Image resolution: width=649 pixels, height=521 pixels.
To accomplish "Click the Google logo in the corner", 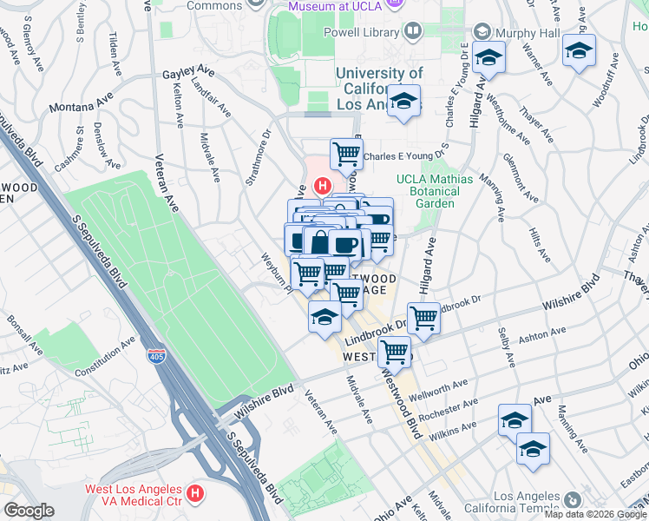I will (x=29, y=511).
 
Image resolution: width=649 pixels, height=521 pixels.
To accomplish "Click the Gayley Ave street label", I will (x=187, y=75).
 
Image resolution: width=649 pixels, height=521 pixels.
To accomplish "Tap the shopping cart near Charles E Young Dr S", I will (x=346, y=155).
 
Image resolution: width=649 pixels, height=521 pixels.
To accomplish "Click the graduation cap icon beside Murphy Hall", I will (x=490, y=58).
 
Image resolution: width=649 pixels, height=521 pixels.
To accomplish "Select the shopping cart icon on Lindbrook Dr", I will (x=423, y=318).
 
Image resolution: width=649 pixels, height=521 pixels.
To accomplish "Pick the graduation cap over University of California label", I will (x=403, y=102).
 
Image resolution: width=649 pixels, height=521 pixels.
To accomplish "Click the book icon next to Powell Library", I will (x=413, y=33).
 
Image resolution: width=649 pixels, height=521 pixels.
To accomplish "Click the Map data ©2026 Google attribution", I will (x=595, y=514).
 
